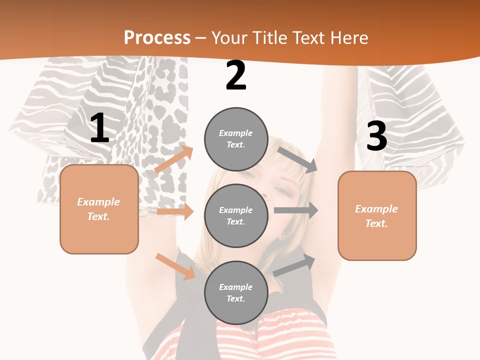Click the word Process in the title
pyautogui.click(x=157, y=37)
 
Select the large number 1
pyautogui.click(x=99, y=128)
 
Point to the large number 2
pyautogui.click(x=236, y=75)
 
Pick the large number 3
pyautogui.click(x=376, y=136)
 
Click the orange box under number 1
pyautogui.click(x=99, y=209)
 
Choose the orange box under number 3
pyautogui.click(x=377, y=215)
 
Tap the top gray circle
pyautogui.click(x=236, y=139)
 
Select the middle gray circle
pyautogui.click(x=236, y=215)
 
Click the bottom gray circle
pyautogui.click(x=236, y=292)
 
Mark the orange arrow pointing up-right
pyautogui.click(x=174, y=159)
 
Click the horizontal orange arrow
pyautogui.click(x=175, y=211)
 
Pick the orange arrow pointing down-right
pyautogui.click(x=175, y=266)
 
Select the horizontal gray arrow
pyautogui.click(x=296, y=210)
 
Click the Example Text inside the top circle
pyautogui.click(x=236, y=139)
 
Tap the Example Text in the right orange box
pyautogui.click(x=376, y=216)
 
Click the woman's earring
pyautogui.click(x=283, y=235)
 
